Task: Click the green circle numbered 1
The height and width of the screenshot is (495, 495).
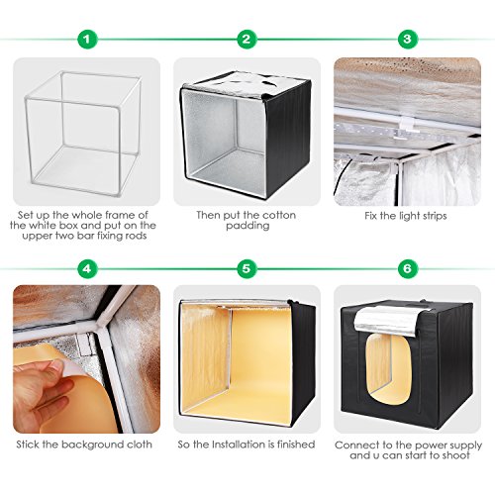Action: (x=87, y=40)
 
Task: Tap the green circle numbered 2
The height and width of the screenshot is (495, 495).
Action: (x=247, y=40)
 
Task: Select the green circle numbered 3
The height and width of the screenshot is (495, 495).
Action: (x=407, y=40)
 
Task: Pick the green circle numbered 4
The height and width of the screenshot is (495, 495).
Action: (x=87, y=268)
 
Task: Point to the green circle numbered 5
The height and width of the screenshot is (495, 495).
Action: (x=247, y=268)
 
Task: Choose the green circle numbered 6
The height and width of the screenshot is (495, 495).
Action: (x=407, y=268)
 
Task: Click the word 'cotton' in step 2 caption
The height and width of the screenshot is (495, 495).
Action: (x=278, y=215)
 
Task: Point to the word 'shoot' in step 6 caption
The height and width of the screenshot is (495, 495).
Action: (x=454, y=455)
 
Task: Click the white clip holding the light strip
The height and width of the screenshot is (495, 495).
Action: (x=407, y=123)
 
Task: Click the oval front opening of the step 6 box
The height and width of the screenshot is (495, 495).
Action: (x=388, y=368)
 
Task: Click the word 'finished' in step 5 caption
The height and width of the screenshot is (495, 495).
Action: (x=296, y=445)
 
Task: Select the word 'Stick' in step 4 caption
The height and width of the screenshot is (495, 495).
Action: (x=28, y=445)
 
